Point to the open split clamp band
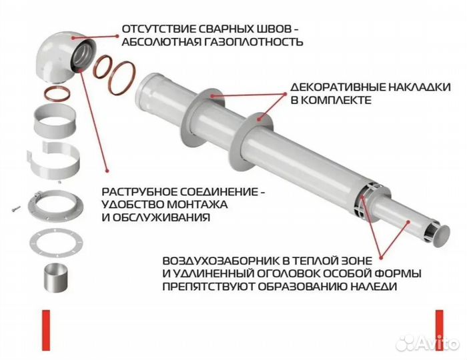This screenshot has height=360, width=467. pyautogui.click(x=58, y=160)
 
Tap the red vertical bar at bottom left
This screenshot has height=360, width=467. pyautogui.click(x=45, y=330)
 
